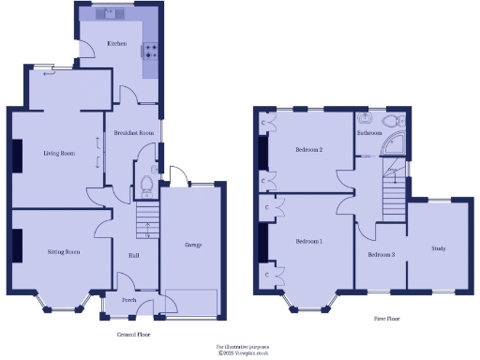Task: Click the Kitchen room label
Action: (x=116, y=43)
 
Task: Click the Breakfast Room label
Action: (x=133, y=133)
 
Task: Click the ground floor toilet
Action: (x=145, y=184)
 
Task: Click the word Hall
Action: (x=134, y=253)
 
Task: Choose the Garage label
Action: (x=193, y=245)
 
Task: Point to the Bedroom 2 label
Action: (x=308, y=150)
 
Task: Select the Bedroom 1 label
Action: (x=308, y=242)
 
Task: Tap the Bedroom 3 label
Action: (x=381, y=254)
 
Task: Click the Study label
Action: (x=438, y=248)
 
